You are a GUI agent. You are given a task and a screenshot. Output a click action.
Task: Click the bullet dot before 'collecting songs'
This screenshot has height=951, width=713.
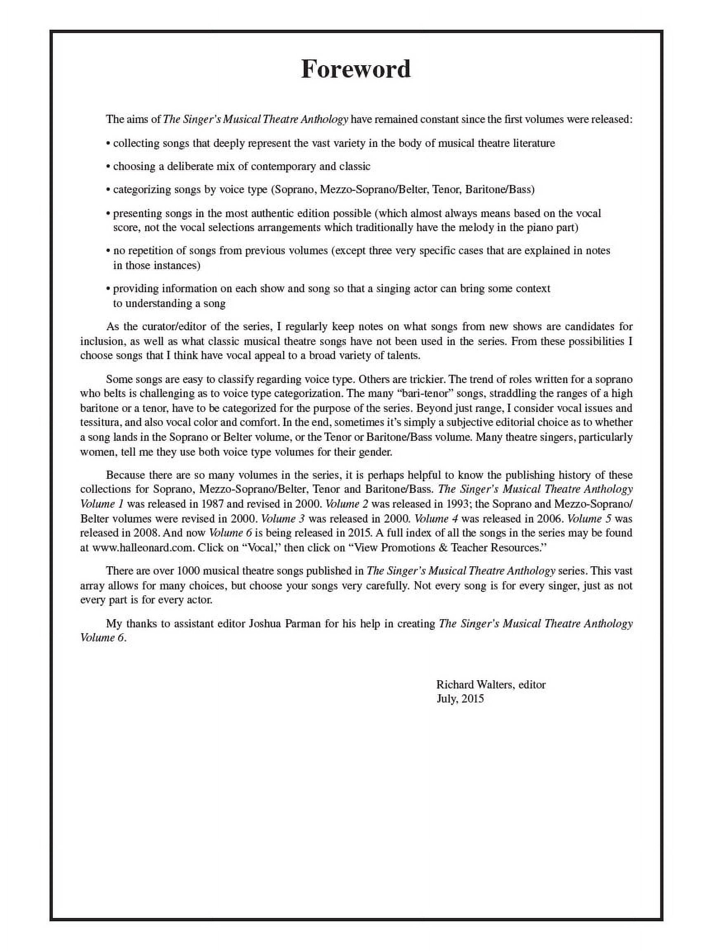pos(108,144)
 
